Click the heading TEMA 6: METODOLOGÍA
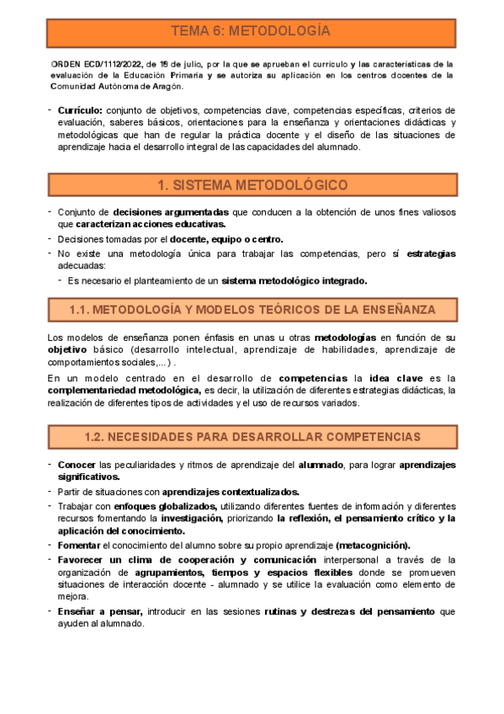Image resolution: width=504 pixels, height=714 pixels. coord(251,32)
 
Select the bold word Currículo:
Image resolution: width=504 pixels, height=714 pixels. coord(81,110)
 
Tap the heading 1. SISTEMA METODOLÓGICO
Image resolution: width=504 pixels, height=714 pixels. coord(252,184)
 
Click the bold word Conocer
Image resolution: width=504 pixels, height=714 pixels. coord(77,465)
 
